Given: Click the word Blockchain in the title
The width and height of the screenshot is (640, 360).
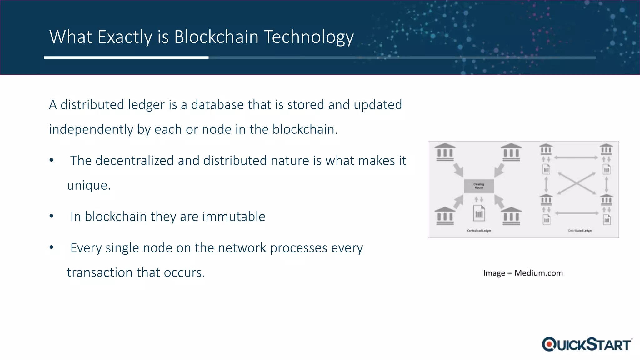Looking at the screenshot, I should pos(217,37).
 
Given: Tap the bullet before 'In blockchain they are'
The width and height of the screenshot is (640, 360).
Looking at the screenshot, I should pos(52,216).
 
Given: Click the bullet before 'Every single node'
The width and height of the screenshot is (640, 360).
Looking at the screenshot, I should pos(52,247).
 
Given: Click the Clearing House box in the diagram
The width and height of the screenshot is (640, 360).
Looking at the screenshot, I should pos(479,186).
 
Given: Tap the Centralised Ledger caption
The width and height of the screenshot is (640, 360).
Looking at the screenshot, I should pos(479,231).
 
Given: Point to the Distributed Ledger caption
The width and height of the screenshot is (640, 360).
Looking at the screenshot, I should pos(580,231).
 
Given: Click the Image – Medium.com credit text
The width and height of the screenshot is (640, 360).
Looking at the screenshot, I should pos(523,273).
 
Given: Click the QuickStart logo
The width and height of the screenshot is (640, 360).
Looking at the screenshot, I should pos(587,344).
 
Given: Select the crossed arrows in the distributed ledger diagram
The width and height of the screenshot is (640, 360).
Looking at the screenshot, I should pos(577,183).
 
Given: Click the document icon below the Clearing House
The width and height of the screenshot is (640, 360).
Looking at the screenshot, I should pos(479,213).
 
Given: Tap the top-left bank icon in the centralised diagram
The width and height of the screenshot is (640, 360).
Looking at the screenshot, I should pos(445,152).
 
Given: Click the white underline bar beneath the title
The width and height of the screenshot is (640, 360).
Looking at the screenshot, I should pos(126,58).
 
